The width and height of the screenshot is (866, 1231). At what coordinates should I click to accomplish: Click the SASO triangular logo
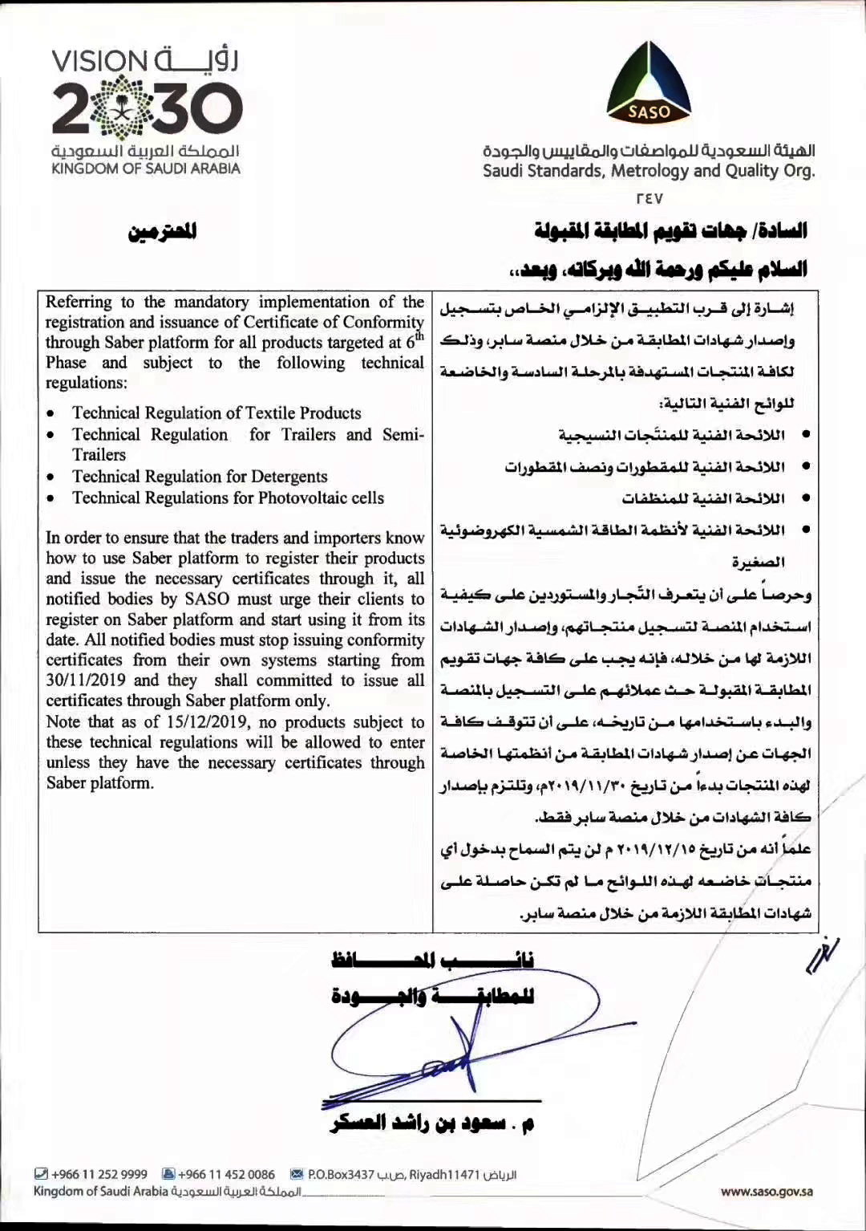click(649, 83)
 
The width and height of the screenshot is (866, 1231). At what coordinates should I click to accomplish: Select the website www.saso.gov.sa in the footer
click(767, 1192)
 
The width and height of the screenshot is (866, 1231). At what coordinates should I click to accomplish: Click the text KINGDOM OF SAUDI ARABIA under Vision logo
click(146, 169)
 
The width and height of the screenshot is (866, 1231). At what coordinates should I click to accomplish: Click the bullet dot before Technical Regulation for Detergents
click(51, 477)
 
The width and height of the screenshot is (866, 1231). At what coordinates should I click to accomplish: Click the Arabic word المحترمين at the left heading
click(163, 232)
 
